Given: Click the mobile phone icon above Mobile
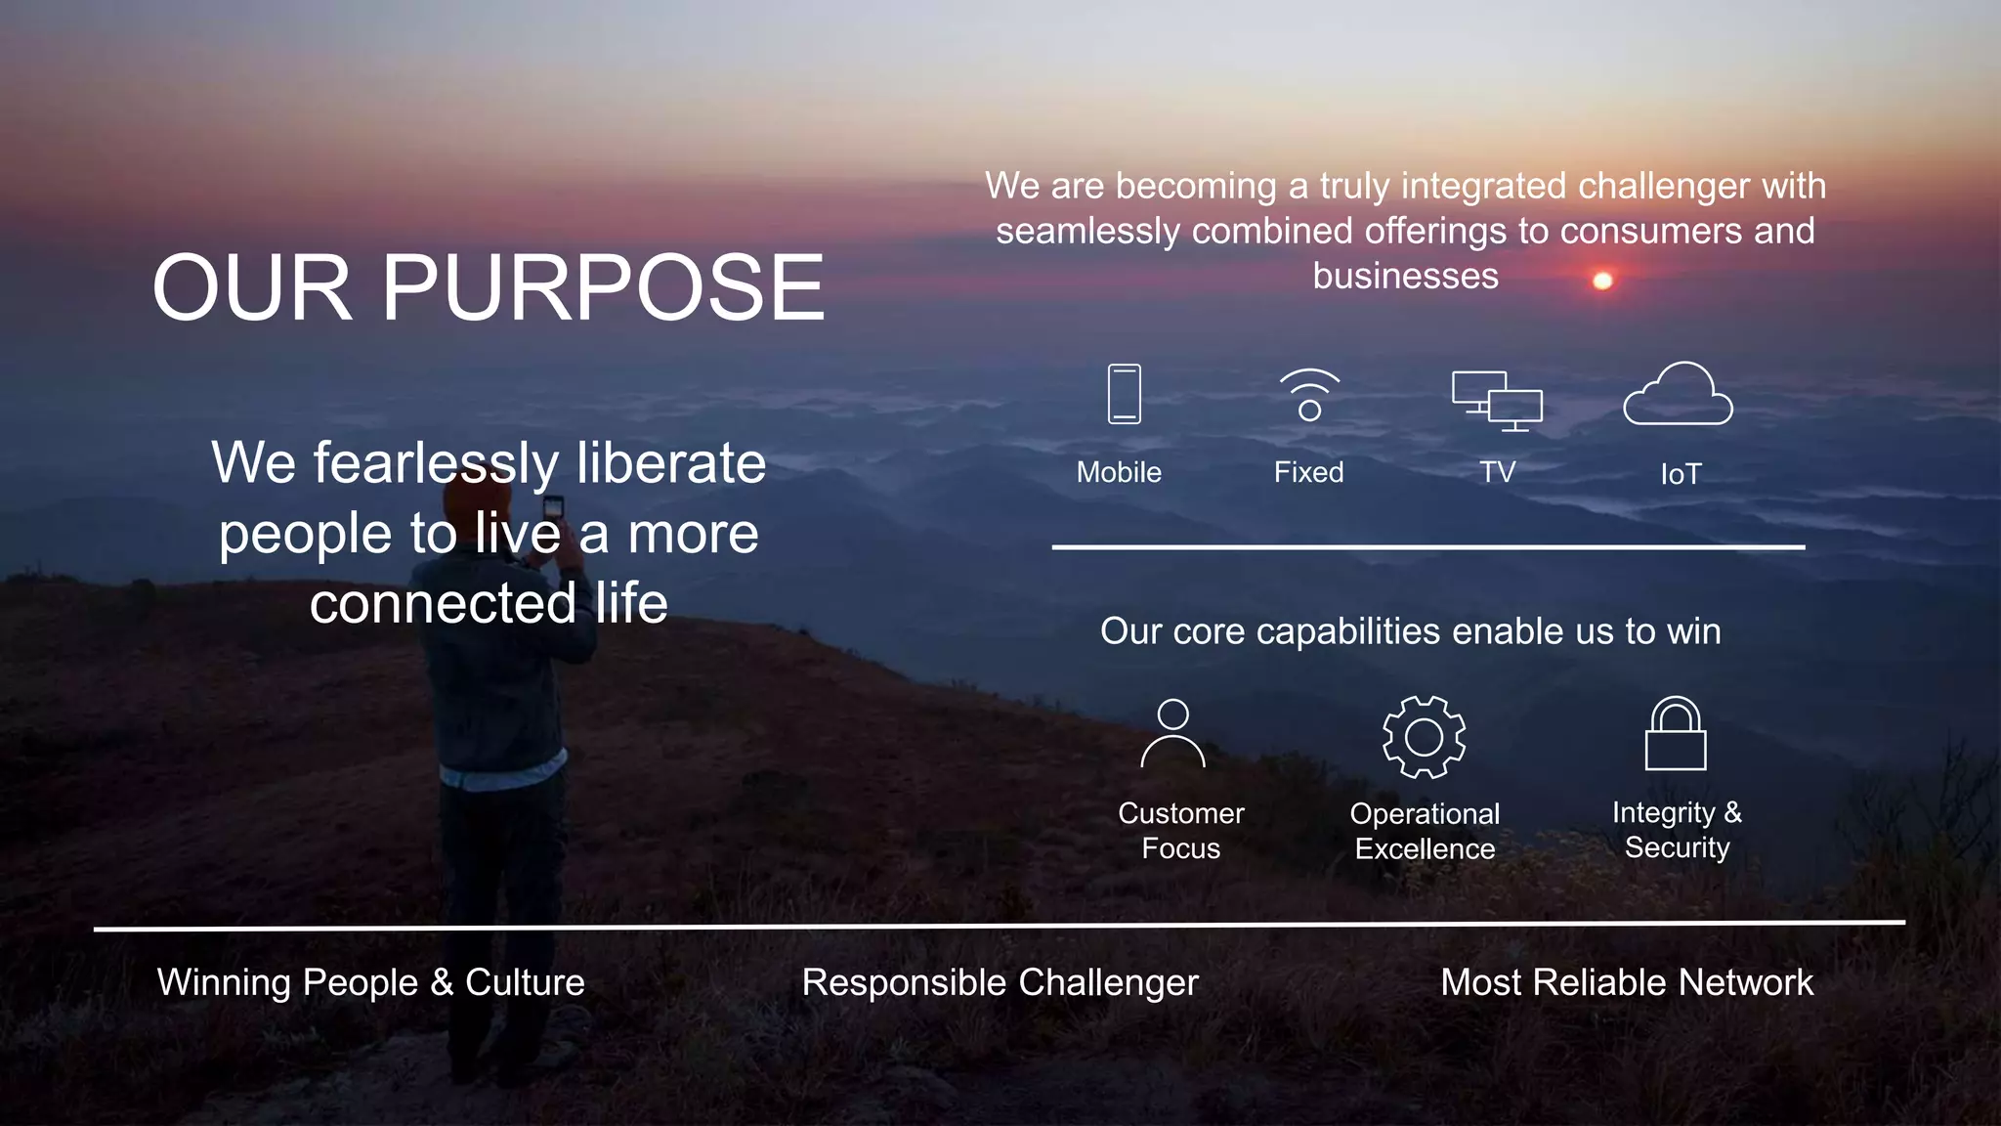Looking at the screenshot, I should click(1124, 394).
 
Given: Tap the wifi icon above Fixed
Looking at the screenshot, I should click(1309, 395).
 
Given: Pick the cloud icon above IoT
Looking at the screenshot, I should click(1678, 395).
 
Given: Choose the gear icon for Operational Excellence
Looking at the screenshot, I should click(1424, 737).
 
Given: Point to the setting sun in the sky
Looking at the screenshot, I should click(1602, 281).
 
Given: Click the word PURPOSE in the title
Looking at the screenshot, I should click(603, 287).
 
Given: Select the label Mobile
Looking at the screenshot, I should click(1119, 472).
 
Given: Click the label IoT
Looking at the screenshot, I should click(1681, 474).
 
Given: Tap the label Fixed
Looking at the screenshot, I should click(1308, 472).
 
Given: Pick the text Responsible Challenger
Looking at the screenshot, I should click(1000, 982).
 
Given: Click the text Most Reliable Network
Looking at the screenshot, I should click(1627, 982).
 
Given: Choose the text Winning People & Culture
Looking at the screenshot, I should click(370, 982).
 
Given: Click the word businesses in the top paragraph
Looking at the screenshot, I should click(1405, 276).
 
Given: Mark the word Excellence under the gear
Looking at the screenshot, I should click(1425, 848).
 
